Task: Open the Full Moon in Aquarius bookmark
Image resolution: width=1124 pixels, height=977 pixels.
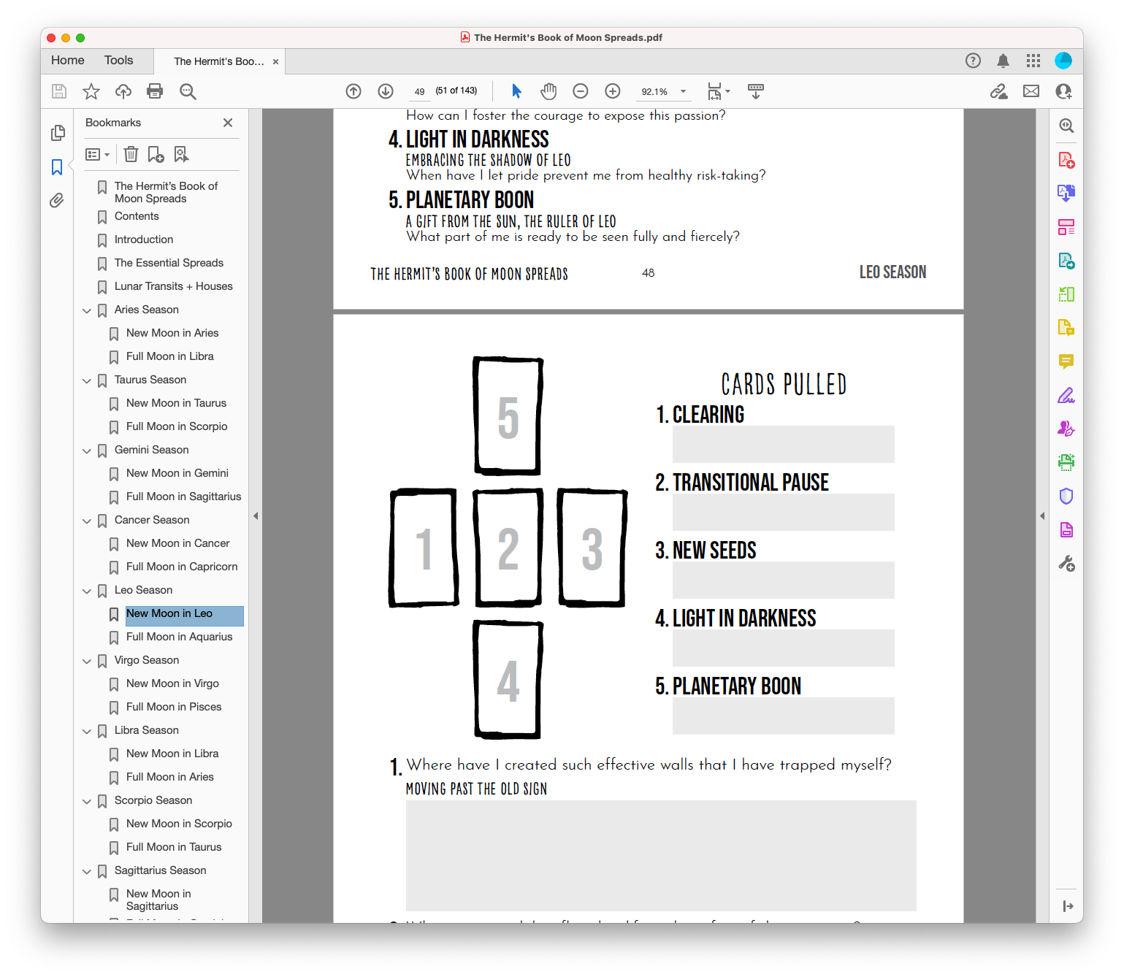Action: coord(179,637)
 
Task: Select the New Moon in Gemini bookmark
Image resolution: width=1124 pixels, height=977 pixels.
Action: coord(177,473)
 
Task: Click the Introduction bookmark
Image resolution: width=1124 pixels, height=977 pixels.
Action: coord(144,240)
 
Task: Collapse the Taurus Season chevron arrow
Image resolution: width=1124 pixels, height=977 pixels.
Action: coord(87,380)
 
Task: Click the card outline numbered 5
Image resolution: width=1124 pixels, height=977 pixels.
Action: coord(508,416)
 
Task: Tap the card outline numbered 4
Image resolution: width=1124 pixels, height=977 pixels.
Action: coord(508,680)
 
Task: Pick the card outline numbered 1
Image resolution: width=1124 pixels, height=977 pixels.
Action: coord(424,548)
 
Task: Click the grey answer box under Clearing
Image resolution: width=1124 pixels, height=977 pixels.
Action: coord(783,444)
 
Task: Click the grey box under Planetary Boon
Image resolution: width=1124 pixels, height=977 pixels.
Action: coord(783,716)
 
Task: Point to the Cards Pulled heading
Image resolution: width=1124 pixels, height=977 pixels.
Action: coord(784,384)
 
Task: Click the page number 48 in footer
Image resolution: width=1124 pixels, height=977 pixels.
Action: coord(648,273)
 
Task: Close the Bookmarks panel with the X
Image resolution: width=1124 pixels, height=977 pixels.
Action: coord(228,123)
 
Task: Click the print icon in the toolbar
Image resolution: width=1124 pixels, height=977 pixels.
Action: coord(155,91)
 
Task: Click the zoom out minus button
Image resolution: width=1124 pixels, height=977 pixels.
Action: coord(581,91)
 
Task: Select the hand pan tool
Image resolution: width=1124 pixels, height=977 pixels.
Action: coord(548,91)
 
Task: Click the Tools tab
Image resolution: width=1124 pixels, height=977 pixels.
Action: coord(118,61)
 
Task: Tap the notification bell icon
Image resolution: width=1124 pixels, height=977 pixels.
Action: coord(1003,61)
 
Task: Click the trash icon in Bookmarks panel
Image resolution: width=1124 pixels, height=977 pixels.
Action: coord(131,154)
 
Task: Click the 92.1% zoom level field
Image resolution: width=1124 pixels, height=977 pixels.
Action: coord(654,92)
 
